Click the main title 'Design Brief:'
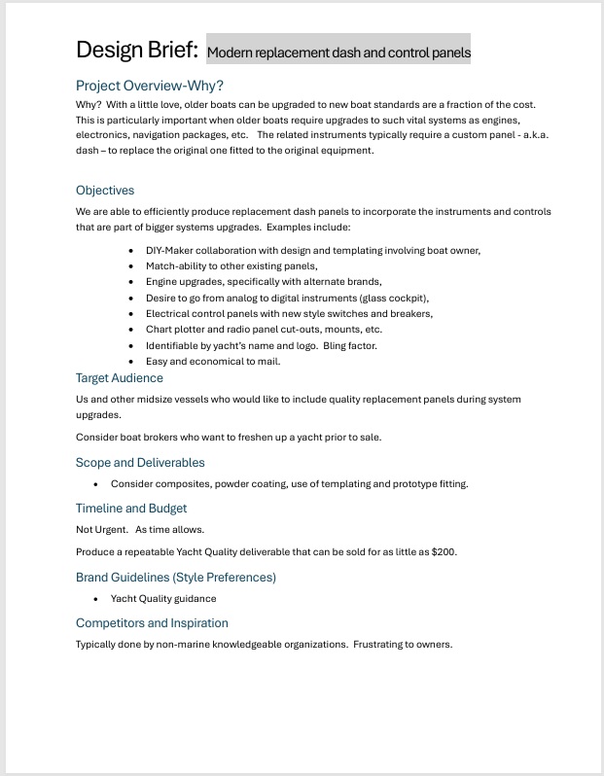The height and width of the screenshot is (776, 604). [x=137, y=49]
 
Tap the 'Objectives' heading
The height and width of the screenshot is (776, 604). [x=105, y=191]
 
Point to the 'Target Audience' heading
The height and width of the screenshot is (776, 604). [x=120, y=378]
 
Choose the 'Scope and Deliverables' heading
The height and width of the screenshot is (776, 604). [x=140, y=463]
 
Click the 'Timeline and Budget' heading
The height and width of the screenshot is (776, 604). [x=131, y=509]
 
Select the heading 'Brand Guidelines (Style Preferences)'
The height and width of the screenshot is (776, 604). [x=176, y=578]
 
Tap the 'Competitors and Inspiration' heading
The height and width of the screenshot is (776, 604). [x=152, y=623]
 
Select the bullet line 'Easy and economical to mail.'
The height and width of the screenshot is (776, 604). [x=213, y=362]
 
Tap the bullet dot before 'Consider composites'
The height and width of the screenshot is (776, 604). [x=96, y=484]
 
